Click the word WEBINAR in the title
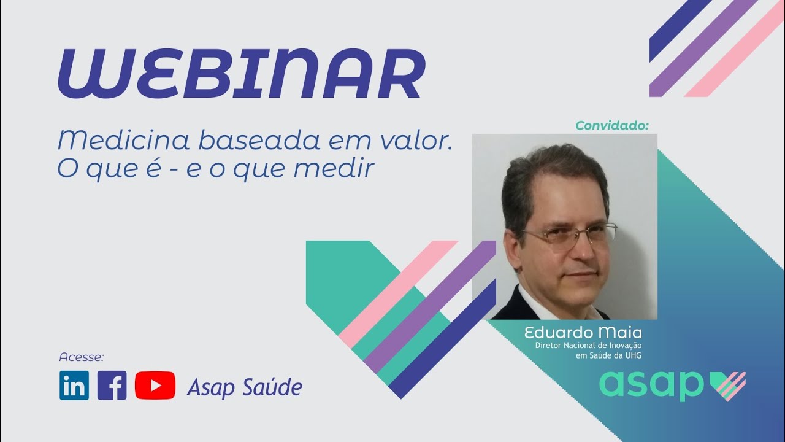[242, 73]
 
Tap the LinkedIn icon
[74, 385]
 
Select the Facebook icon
[112, 385]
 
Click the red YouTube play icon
[155, 385]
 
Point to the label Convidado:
[612, 126]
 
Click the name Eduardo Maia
[583, 333]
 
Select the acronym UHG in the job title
[634, 355]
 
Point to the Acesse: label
[82, 357]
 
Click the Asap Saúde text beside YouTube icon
[245, 387]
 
